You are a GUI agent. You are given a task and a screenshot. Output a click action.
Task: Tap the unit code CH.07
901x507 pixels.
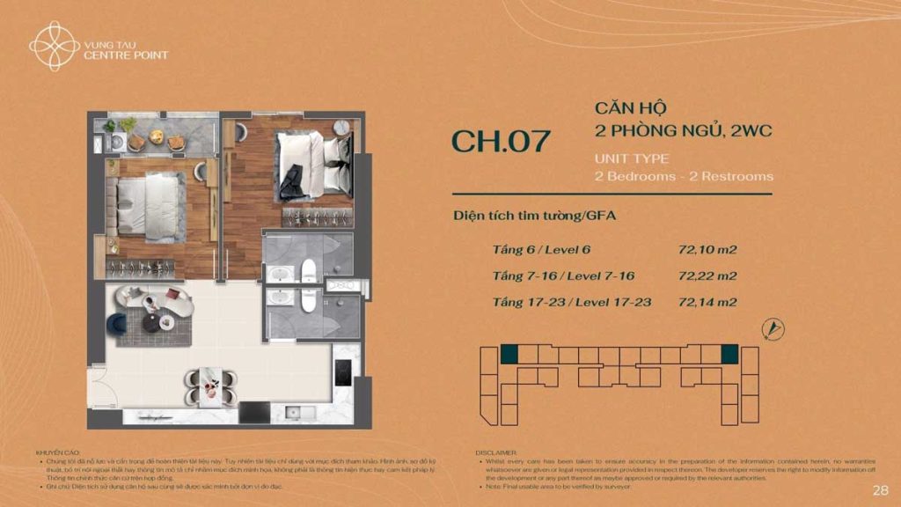point(501,142)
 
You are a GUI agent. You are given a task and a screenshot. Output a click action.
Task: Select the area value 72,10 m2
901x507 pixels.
point(707,249)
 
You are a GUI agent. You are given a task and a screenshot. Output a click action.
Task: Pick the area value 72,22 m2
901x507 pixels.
point(707,276)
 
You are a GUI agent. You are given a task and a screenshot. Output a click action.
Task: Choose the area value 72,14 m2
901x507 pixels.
point(707,302)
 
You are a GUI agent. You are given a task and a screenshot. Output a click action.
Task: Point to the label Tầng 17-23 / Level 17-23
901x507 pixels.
point(572,302)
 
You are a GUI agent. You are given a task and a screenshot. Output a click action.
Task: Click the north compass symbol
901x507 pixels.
point(773,329)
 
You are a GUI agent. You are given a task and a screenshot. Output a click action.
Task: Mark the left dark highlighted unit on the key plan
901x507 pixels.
point(509,354)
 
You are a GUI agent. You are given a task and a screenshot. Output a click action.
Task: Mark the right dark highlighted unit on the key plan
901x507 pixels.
point(729,354)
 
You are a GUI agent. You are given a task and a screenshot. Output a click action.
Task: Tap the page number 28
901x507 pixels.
point(880,489)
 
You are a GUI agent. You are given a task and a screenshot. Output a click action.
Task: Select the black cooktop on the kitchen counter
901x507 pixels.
point(344,374)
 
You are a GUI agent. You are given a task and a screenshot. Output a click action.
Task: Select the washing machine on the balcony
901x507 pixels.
point(115,141)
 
